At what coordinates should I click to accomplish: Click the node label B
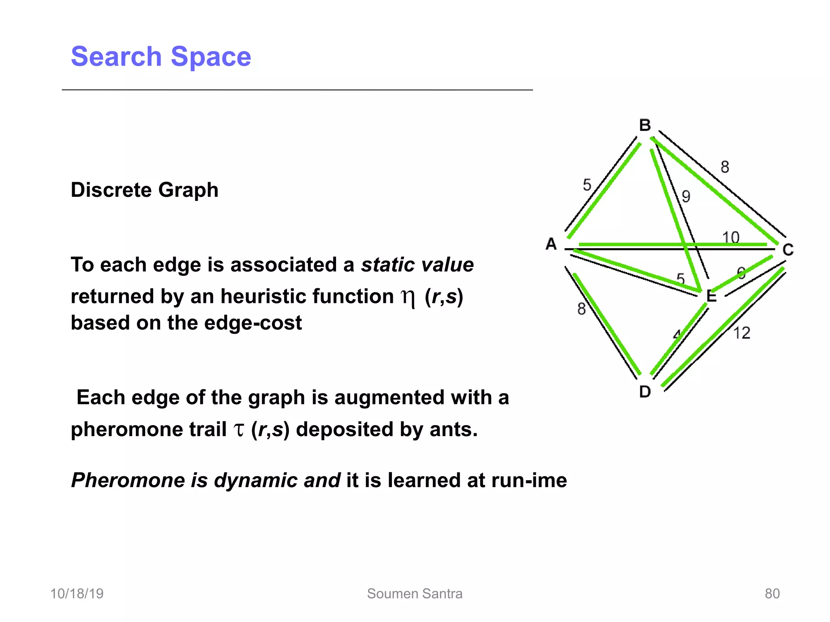pos(645,125)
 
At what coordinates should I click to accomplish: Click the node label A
pos(551,244)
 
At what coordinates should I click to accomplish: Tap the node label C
pos(788,249)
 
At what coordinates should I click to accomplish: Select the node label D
pos(645,392)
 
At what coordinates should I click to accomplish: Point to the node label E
pos(711,296)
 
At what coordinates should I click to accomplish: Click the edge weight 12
pos(742,333)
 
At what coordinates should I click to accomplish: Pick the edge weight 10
pos(731,237)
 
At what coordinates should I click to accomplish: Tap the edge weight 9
pos(686,196)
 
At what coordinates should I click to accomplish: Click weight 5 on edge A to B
pos(587,185)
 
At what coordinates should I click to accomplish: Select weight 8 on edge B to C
pos(725,167)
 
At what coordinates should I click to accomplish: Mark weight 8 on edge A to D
pos(582,309)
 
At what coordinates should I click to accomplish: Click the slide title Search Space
pos(161,56)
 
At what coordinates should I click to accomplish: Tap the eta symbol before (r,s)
pos(408,298)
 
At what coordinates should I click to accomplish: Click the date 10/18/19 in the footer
pos(77,593)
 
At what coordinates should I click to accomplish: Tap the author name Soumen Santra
pos(415,593)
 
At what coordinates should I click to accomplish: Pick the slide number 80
pos(772,593)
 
